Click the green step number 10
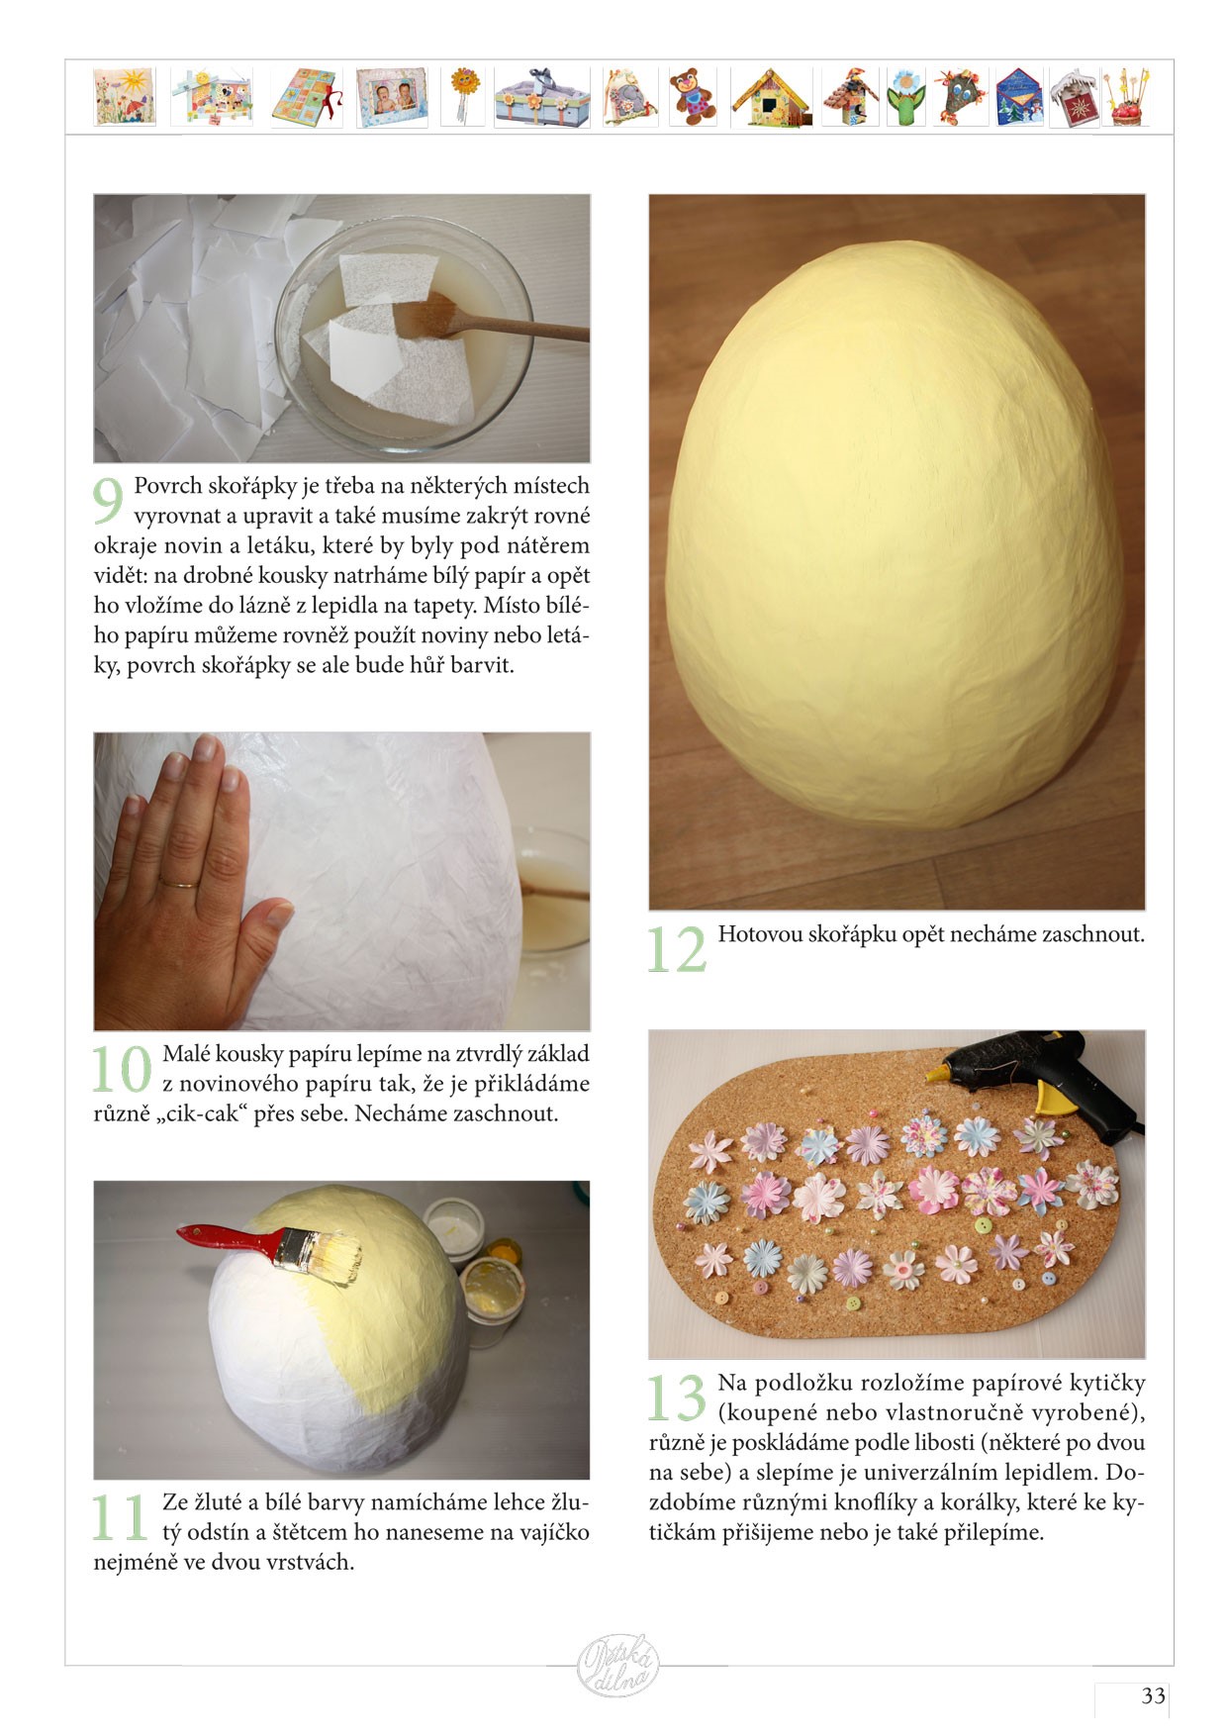point(122,1070)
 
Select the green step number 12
point(677,949)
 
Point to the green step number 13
point(677,1398)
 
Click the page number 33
point(1154,1695)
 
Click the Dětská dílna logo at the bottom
point(617,1666)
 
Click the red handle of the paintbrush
point(225,1240)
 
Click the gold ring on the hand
point(180,882)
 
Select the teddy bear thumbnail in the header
point(693,97)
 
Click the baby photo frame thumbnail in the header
point(392,97)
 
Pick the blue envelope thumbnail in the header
point(1019,97)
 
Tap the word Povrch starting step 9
point(167,486)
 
